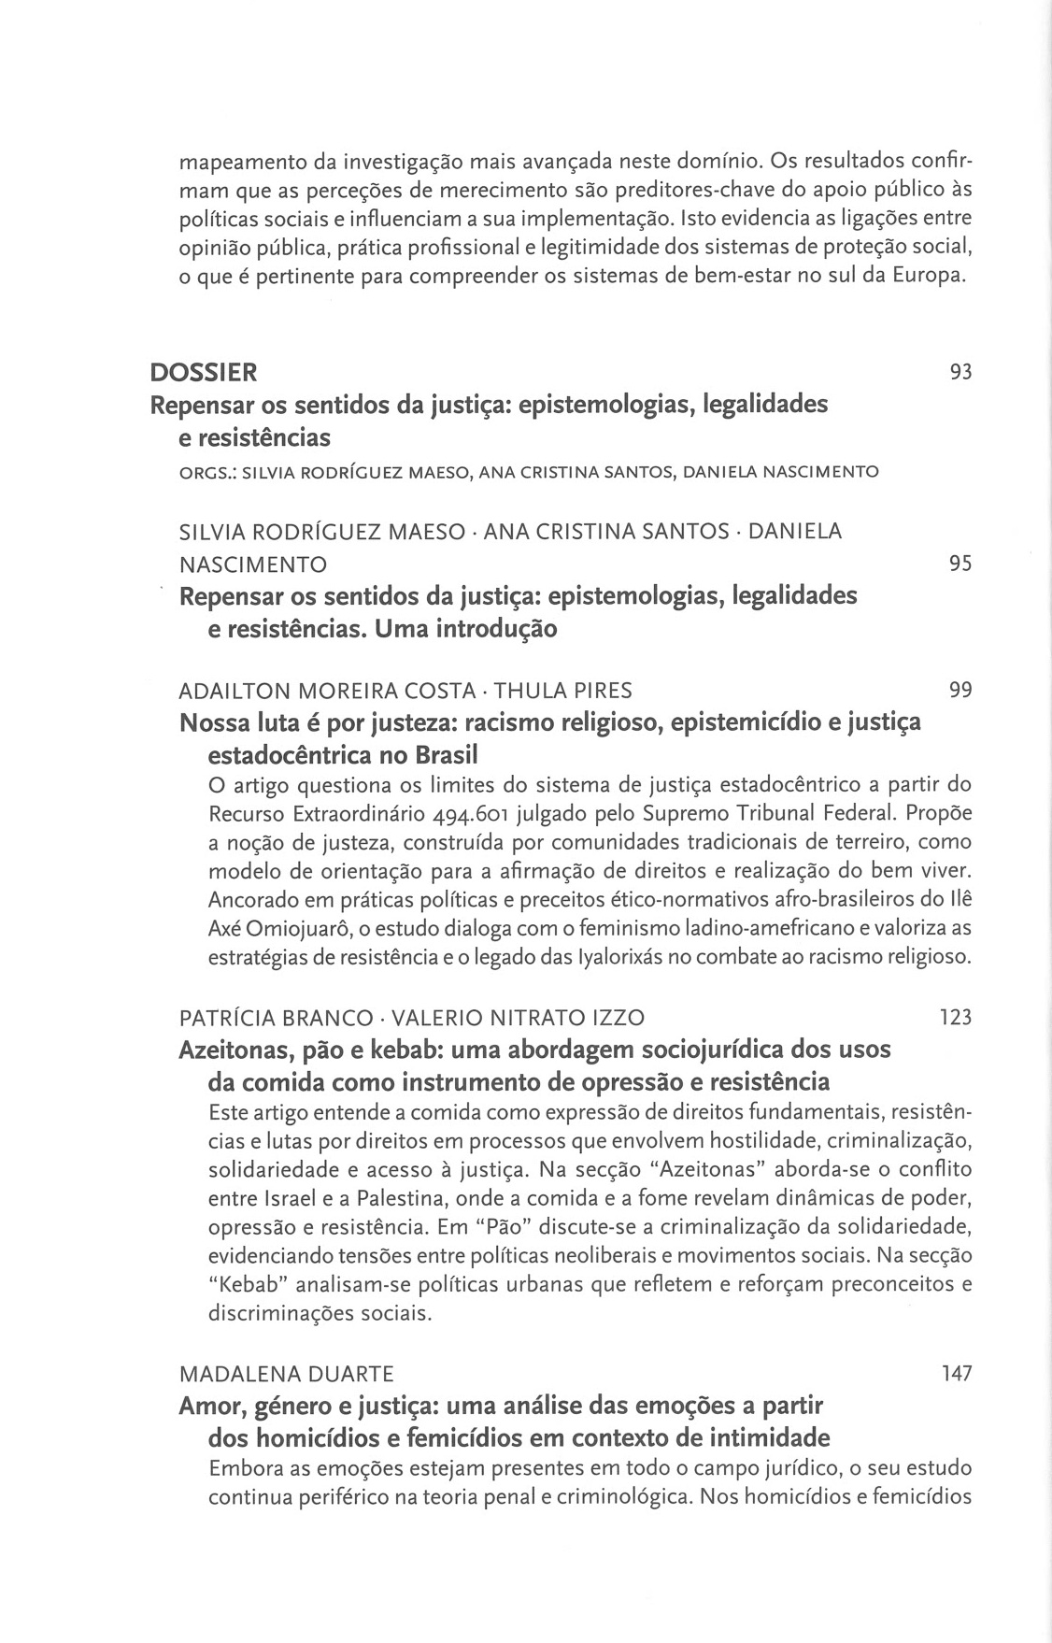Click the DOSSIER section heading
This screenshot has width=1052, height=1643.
[x=203, y=373]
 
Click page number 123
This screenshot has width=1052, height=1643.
[x=955, y=1017]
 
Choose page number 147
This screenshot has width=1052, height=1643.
[x=955, y=1373]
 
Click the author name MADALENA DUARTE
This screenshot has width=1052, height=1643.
[x=286, y=1374]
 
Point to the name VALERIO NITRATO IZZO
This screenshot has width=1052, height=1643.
[x=518, y=1018]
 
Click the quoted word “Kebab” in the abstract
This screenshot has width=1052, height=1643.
[x=247, y=1284]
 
